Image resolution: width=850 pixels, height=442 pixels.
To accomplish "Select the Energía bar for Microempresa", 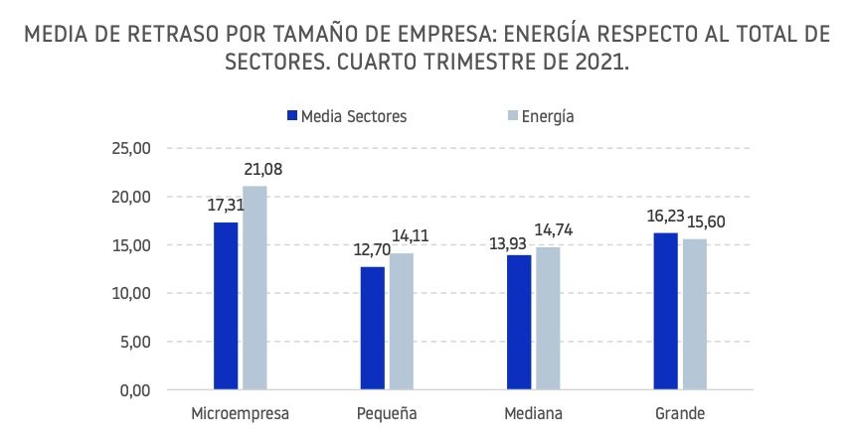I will tap(255, 288).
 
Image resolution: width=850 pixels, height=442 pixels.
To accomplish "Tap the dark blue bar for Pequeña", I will tap(372, 328).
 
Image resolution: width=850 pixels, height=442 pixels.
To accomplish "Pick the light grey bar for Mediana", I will tap(548, 319).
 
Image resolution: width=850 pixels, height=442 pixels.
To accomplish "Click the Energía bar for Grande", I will tap(694, 315).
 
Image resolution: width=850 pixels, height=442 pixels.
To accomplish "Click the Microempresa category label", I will tap(240, 413).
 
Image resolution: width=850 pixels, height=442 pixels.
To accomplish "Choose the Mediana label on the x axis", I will tap(533, 413).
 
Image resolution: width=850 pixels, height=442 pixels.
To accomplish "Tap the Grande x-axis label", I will tap(680, 413).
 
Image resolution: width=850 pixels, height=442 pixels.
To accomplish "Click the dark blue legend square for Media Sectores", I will tap(292, 116).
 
